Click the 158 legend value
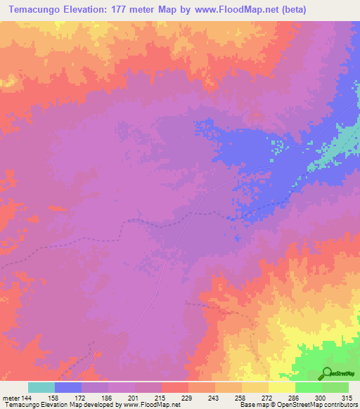point(55,398)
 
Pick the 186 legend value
point(108,398)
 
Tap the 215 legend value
point(162,398)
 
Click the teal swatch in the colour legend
point(41,387)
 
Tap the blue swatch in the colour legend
point(68,387)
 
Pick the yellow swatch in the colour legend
point(282,387)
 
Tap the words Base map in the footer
point(251,405)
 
